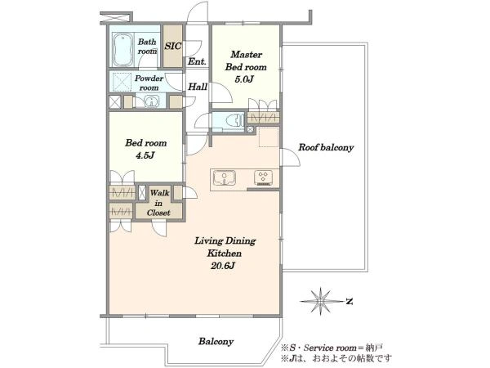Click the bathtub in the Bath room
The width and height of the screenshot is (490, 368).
point(122,49)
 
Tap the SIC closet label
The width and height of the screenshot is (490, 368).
point(173,47)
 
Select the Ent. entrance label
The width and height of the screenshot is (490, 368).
point(197,61)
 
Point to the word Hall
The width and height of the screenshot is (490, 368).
point(198,87)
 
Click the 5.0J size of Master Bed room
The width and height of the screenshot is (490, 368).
point(244,79)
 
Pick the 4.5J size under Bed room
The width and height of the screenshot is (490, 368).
point(145,155)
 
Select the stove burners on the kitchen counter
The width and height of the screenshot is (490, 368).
point(263,177)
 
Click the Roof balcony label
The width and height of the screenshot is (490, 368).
point(326,147)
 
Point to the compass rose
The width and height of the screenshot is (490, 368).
point(321,301)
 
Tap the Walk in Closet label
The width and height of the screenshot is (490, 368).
point(158,203)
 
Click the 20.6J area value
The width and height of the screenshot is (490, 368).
point(222,266)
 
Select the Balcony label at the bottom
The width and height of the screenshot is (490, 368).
point(216,341)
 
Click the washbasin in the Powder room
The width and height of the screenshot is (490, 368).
point(151,102)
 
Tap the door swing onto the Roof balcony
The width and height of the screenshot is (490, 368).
point(290,157)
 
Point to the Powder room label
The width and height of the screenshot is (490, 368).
point(149,83)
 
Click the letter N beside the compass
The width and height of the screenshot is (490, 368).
point(350,301)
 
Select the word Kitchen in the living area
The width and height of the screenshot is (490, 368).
point(224,254)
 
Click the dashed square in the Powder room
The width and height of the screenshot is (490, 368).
point(122,83)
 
